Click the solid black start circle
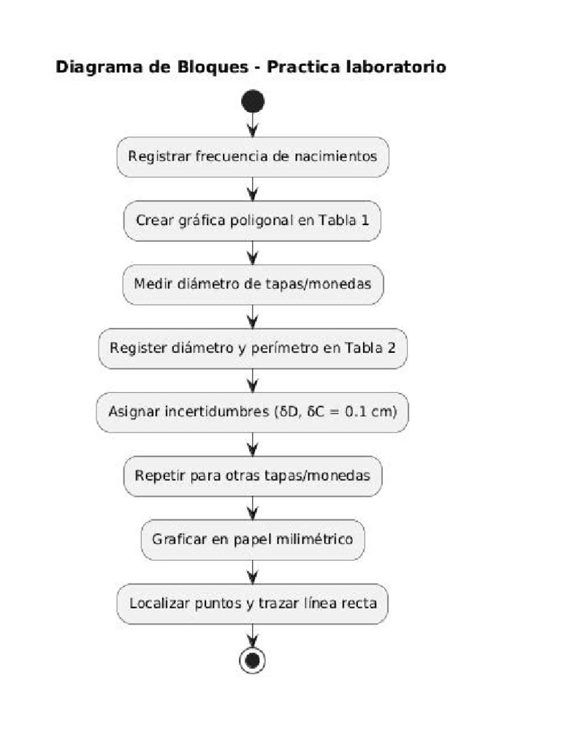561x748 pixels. coord(253,102)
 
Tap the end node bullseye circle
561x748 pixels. coord(253,660)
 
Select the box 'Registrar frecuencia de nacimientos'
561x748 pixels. coord(253,156)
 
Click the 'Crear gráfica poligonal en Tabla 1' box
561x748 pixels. coord(253,220)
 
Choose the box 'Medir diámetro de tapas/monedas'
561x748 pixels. coord(253,284)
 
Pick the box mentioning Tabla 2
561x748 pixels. coord(253,348)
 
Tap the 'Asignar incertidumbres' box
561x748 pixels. coord(253,412)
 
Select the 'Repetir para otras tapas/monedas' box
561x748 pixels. coord(253,476)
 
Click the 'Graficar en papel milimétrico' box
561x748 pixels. coord(253,540)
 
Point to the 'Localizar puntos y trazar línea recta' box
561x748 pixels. coord(253,604)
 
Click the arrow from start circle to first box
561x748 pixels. coord(253,125)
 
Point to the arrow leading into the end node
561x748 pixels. coord(253,636)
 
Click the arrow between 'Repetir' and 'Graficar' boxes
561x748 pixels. coord(253,508)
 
